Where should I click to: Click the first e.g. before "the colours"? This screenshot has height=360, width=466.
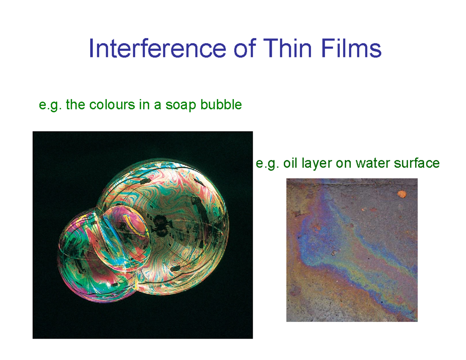click(51, 105)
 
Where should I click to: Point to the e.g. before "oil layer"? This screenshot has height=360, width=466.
click(267, 163)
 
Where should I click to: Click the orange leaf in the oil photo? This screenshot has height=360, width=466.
click(401, 193)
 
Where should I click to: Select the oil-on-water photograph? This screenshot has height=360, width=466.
click(352, 250)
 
